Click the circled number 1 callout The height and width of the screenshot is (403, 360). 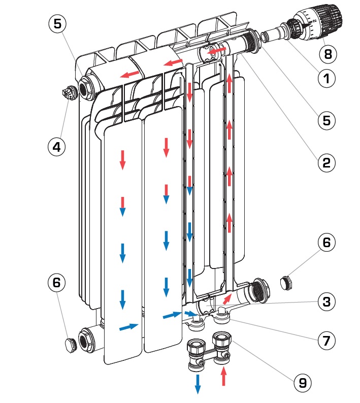tap(326, 78)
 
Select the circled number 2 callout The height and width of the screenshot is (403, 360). tap(326, 162)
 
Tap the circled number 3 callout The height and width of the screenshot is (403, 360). tap(326, 301)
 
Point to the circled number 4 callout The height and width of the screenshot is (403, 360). tap(57, 147)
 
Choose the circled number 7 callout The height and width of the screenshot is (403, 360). tap(326, 340)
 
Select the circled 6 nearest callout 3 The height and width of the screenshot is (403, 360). tap(326, 243)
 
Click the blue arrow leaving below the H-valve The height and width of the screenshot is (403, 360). tap(198, 384)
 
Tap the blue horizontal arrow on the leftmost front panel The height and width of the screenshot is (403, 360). tap(128, 327)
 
